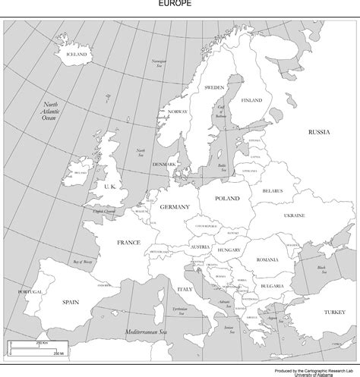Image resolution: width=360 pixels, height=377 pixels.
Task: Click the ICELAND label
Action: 77,55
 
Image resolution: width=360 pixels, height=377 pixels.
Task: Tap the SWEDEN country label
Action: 213,88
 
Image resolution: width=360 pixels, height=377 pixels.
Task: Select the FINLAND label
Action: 251,100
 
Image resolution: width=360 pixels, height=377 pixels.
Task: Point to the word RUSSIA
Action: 318,132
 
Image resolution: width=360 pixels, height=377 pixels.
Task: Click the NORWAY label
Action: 177,112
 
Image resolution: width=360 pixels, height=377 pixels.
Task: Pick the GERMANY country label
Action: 174,206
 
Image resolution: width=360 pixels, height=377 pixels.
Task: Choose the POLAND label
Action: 227,198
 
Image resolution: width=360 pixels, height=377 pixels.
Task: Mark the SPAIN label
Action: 71,301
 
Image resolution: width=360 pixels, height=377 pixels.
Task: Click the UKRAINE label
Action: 294,215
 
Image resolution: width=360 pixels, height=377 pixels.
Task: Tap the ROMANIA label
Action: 268,260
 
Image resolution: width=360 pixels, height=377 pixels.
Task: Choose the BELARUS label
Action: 273,190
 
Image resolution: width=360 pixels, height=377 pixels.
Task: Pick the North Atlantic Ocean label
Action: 50,111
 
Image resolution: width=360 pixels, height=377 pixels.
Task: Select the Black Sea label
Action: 321,269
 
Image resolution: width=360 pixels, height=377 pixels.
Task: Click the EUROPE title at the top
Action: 179,3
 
